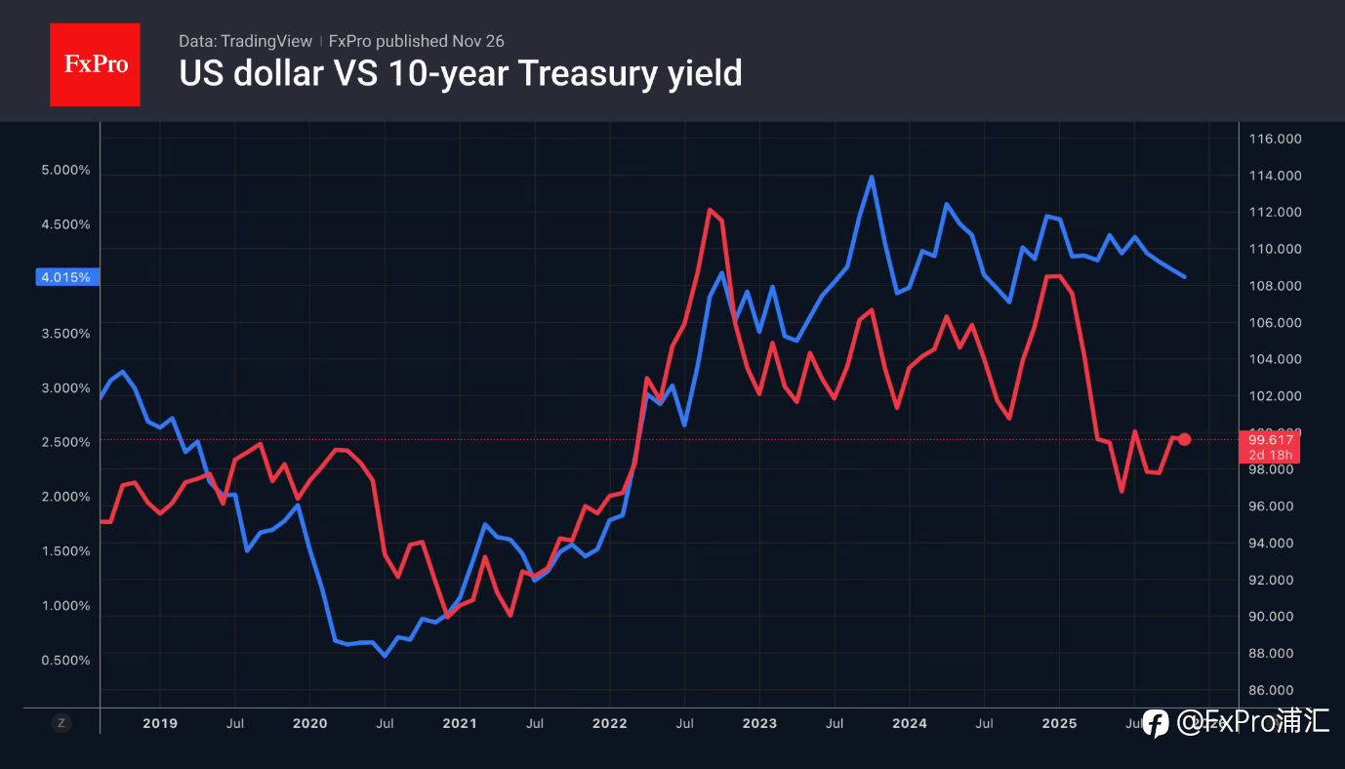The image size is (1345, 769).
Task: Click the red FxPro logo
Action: click(95, 64)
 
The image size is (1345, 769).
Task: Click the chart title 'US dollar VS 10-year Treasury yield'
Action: click(461, 73)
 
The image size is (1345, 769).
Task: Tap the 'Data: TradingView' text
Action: click(245, 41)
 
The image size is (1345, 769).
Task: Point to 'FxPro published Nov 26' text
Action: click(416, 41)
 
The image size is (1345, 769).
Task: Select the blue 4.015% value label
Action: click(65, 277)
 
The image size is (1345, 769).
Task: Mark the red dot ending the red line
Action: click(1184, 439)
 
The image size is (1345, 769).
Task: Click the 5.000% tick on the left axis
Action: click(65, 170)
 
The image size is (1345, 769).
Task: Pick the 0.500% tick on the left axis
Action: click(65, 660)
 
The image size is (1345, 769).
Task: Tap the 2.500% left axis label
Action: click(65, 441)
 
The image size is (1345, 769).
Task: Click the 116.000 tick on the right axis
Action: click(1276, 139)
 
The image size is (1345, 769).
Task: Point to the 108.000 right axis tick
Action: click(1276, 285)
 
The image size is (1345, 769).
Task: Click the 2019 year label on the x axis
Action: click(160, 723)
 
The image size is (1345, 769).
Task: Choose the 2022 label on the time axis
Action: click(610, 723)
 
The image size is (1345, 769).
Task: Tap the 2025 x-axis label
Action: click(1059, 723)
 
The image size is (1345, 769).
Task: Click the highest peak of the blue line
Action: click(871, 178)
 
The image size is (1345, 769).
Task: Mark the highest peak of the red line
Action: click(710, 210)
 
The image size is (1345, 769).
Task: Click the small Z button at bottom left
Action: click(61, 723)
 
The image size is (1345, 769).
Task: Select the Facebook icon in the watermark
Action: click(1156, 722)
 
